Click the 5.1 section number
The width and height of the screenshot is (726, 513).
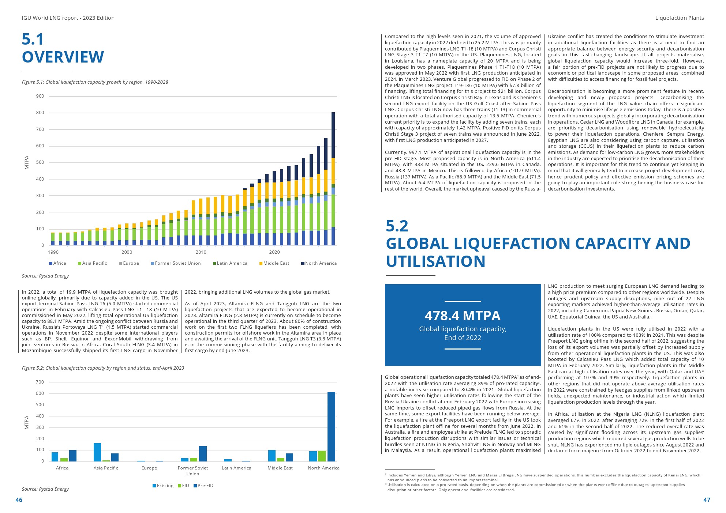(33, 39)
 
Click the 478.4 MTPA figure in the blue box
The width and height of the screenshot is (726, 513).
(463, 316)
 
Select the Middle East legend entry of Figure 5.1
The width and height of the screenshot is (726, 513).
(274, 263)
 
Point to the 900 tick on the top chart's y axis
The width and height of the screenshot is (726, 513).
(40, 96)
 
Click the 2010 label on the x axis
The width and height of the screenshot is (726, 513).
(201, 252)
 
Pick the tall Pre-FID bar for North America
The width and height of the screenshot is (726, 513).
(331, 426)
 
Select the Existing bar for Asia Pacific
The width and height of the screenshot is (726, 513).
(97, 452)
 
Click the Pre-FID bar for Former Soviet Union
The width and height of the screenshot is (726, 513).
(203, 453)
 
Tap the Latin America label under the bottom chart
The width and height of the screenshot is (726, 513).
(236, 468)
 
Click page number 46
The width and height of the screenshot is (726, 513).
(19, 500)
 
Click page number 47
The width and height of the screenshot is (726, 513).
(707, 500)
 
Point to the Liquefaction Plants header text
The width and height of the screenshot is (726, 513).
(679, 18)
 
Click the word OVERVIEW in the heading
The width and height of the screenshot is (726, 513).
(63, 57)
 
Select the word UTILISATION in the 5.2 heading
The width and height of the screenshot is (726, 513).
(435, 261)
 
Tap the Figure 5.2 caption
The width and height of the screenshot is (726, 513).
(103, 368)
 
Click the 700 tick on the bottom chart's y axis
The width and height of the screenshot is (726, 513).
(40, 382)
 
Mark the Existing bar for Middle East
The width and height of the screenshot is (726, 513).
(272, 456)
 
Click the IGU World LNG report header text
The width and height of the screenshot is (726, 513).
(68, 18)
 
